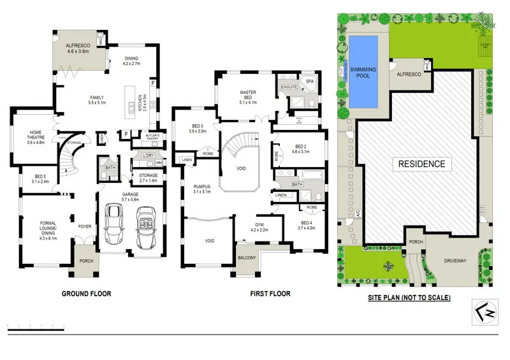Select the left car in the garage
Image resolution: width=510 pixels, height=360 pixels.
click(115, 226)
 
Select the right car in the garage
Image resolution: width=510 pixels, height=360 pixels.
click(146, 226)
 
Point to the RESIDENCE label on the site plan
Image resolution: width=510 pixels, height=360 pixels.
click(421, 164)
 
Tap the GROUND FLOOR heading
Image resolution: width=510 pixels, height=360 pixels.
click(86, 294)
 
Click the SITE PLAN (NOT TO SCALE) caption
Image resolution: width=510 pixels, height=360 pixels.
click(409, 298)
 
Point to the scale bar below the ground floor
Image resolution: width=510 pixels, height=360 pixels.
click(36, 326)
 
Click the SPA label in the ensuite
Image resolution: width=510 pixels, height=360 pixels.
click(311, 82)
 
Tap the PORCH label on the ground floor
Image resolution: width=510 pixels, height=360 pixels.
click(85, 261)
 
